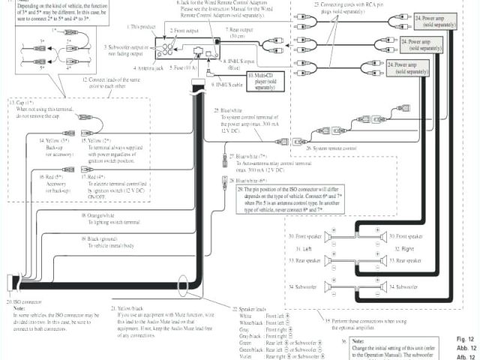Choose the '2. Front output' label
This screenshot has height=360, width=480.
tap(183, 31)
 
